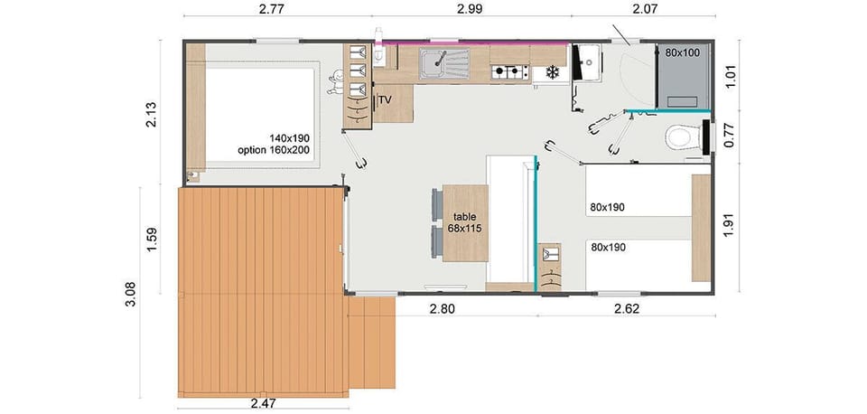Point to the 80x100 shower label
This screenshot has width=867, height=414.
point(682,53)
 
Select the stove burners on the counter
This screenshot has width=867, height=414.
point(508,71)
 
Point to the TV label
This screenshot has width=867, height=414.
point(386,99)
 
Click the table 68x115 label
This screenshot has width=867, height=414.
point(464,222)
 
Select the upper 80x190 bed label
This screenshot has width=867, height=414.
point(607,207)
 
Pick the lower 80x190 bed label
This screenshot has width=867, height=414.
point(607,247)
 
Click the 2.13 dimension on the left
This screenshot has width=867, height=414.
point(152,116)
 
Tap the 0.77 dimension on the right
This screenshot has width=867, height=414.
point(730,136)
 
